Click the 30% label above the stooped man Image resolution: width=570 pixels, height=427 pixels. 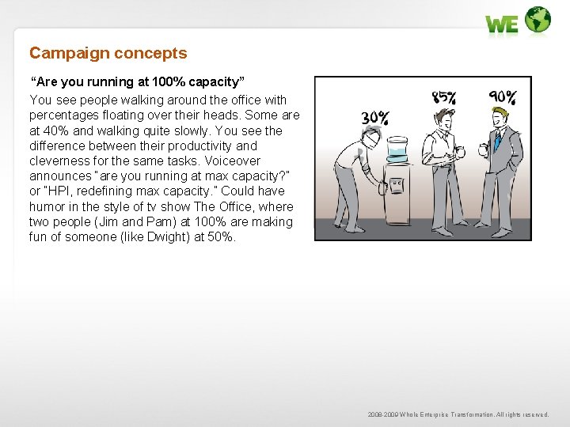[x=375, y=119]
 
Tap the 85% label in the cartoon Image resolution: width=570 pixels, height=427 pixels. [x=444, y=97]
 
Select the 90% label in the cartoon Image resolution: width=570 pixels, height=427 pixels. [x=503, y=97]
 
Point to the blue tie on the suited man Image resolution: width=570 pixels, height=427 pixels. [x=497, y=140]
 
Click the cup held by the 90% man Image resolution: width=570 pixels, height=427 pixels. [x=484, y=149]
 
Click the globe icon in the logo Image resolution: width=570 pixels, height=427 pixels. [x=538, y=20]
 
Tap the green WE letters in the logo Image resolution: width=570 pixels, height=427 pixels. [x=502, y=25]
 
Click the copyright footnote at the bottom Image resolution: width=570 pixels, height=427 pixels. [x=458, y=414]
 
